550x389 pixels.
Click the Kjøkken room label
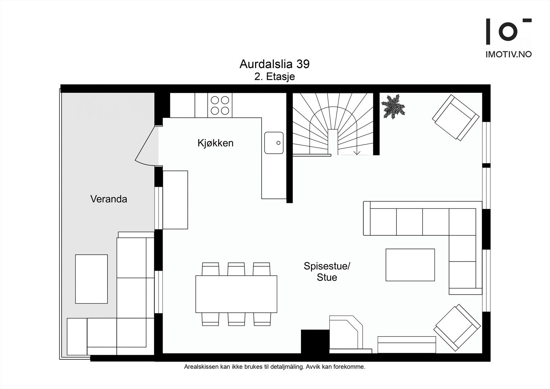point(215,143)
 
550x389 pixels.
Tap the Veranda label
point(109,199)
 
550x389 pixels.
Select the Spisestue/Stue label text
point(327,271)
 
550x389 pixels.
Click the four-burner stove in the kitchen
point(220,105)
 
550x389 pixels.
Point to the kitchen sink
point(274,143)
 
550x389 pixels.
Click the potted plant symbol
point(393,107)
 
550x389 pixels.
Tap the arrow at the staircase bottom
point(357,152)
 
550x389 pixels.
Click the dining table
point(236,294)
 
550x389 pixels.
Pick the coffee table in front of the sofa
point(410,265)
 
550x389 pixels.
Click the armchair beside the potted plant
point(455,117)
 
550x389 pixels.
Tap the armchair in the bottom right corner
point(457,327)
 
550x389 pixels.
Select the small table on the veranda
point(91,279)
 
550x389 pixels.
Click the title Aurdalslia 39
point(274,64)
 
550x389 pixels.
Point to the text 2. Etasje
point(274,76)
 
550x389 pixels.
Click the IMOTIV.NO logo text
point(508,54)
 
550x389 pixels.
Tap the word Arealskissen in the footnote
point(201,367)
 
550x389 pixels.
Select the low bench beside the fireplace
point(407,345)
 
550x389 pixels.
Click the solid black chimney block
point(315,341)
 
